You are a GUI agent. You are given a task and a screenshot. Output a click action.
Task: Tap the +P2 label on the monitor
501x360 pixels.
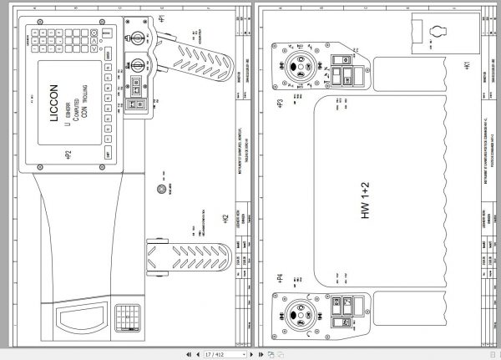tap(68, 155)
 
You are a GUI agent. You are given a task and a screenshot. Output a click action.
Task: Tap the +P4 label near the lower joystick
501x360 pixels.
tap(280, 277)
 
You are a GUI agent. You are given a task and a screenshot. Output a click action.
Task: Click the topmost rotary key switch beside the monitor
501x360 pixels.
tap(137, 34)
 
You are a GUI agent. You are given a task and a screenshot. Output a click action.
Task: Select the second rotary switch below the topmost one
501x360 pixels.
tap(137, 60)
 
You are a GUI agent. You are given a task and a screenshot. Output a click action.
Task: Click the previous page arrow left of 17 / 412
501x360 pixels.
tap(197, 354)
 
